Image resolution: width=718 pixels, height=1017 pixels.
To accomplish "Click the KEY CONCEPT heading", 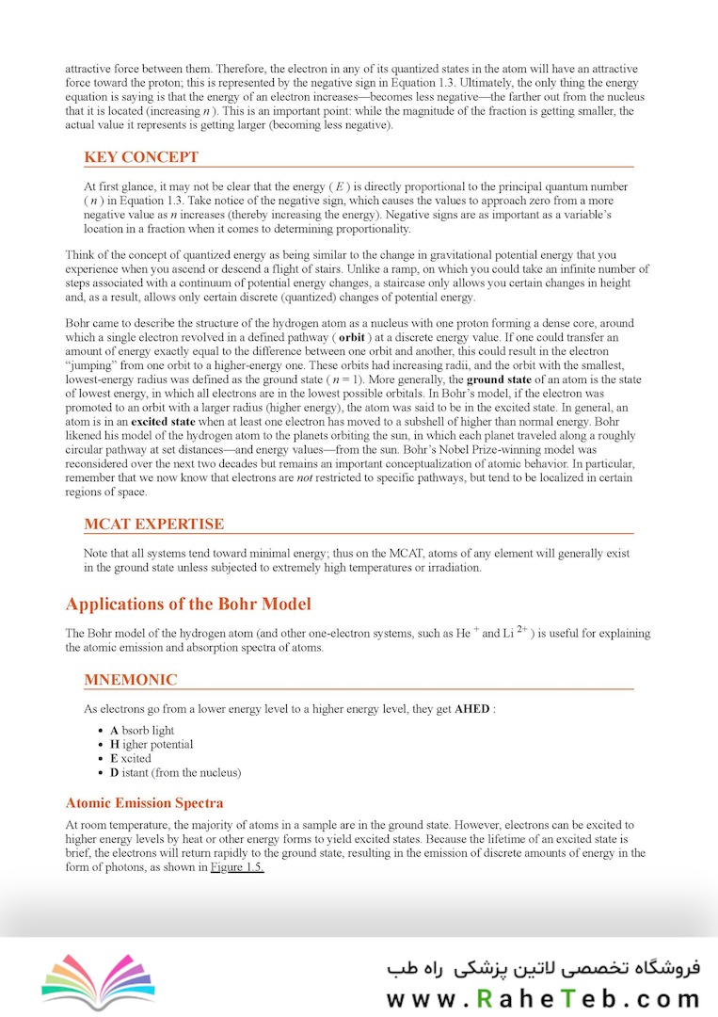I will pyautogui.click(x=141, y=157).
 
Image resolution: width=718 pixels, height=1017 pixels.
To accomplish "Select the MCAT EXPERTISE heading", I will pyautogui.click(x=153, y=525).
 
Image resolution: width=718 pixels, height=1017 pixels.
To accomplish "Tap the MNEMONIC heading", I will pyautogui.click(x=130, y=680).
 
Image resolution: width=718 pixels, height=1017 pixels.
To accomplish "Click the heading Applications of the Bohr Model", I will pyautogui.click(x=188, y=604).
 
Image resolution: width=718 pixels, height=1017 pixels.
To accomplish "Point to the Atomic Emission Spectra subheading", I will pyautogui.click(x=144, y=803).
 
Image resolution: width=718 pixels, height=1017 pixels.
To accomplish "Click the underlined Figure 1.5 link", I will pyautogui.click(x=236, y=867).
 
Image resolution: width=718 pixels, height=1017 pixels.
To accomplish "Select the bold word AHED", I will pyautogui.click(x=471, y=709).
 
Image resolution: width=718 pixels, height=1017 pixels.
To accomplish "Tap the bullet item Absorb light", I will pyautogui.click(x=142, y=731).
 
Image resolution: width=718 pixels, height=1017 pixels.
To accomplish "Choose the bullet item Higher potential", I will pyautogui.click(x=152, y=745).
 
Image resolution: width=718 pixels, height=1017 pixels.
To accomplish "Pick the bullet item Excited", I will pyautogui.click(x=130, y=759).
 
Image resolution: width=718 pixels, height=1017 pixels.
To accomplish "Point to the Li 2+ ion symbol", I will pyautogui.click(x=516, y=633).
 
